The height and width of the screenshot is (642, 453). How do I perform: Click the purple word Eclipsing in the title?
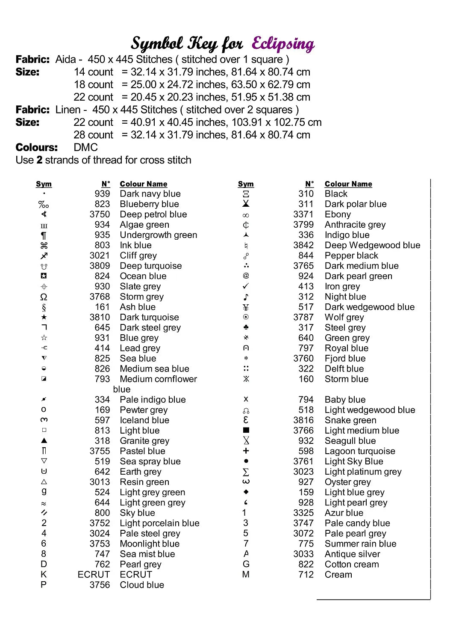283,44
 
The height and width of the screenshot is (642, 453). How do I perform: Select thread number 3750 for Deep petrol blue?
100,214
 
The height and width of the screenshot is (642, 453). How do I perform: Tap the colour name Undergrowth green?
159,235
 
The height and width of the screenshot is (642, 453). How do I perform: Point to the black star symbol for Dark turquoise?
44,317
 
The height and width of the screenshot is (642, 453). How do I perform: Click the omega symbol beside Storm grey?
44,297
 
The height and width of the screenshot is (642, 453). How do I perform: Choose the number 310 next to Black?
306,194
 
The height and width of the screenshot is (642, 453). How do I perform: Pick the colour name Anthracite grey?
355,225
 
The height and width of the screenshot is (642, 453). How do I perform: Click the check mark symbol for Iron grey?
246,286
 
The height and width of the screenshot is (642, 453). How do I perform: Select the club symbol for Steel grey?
246,327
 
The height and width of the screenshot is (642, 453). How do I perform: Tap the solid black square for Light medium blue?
246,431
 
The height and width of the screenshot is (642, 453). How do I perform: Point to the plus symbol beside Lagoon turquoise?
246,451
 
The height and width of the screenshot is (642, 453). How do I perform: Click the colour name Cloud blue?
142,585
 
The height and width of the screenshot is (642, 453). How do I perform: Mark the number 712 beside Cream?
306,575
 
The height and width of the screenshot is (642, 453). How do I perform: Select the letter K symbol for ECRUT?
44,574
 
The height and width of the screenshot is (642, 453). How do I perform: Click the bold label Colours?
37,148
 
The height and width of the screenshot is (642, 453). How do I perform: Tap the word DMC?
86,148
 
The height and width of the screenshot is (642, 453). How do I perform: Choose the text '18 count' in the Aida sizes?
94,85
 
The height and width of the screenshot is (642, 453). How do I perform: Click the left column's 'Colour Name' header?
144,184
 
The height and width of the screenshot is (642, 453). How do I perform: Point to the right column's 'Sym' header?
246,184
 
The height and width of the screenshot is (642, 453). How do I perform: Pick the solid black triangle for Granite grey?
44,440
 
